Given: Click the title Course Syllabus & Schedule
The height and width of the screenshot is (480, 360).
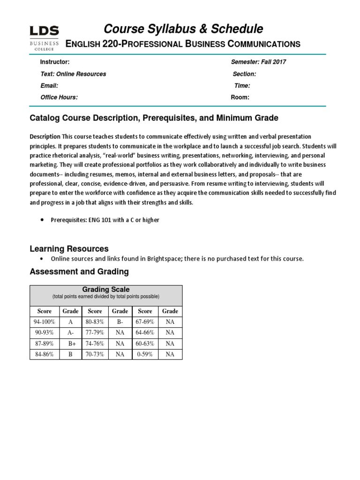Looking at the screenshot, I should pyautogui.click(x=183, y=29).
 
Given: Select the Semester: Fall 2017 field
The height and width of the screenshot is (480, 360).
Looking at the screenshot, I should pyautogui.click(x=258, y=62).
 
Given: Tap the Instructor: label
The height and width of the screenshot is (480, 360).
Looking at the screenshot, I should pyautogui.click(x=55, y=62).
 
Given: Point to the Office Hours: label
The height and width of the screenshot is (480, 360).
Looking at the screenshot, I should pyautogui.click(x=59, y=97).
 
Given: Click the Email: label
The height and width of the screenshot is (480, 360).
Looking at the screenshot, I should pyautogui.click(x=49, y=86).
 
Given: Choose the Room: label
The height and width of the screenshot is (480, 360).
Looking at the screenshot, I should pyautogui.click(x=240, y=97).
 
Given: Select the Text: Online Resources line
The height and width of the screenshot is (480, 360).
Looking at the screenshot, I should pyautogui.click(x=73, y=74).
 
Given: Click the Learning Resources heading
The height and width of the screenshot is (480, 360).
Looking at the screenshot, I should pyautogui.click(x=69, y=248).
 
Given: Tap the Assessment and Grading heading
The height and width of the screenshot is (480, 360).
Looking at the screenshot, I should pyautogui.click(x=79, y=271).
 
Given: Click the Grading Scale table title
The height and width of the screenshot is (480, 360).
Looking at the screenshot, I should pyautogui.click(x=106, y=290).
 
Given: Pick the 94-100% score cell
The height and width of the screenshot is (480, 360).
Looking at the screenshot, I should pyautogui.click(x=45, y=322).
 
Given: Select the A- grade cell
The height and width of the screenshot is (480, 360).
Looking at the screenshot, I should pyautogui.click(x=70, y=332).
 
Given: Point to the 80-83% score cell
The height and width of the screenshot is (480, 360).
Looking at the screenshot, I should pyautogui.click(x=95, y=322).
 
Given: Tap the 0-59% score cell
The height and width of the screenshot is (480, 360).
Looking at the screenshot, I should pyautogui.click(x=145, y=354).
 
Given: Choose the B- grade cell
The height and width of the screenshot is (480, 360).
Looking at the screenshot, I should pyautogui.click(x=120, y=322).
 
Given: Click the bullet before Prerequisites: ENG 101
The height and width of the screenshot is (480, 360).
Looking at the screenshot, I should pyautogui.click(x=43, y=220).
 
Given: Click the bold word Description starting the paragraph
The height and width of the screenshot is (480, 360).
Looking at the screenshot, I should pyautogui.click(x=45, y=136).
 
